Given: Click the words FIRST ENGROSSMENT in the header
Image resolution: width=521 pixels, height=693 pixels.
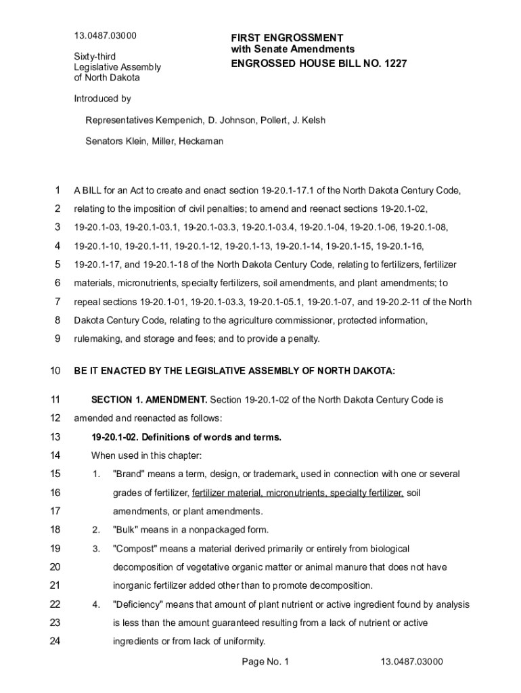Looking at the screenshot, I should click(x=287, y=38).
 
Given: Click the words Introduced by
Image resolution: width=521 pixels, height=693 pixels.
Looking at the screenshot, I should click(x=102, y=99).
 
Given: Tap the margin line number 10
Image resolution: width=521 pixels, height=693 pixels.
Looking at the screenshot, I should click(x=55, y=371).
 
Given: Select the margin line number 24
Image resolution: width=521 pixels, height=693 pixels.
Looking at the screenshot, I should click(x=55, y=642).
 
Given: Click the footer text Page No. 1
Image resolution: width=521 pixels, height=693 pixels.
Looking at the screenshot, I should click(x=265, y=662).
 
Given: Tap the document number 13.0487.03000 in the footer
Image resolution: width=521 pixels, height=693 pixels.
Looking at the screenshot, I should click(x=411, y=662).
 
